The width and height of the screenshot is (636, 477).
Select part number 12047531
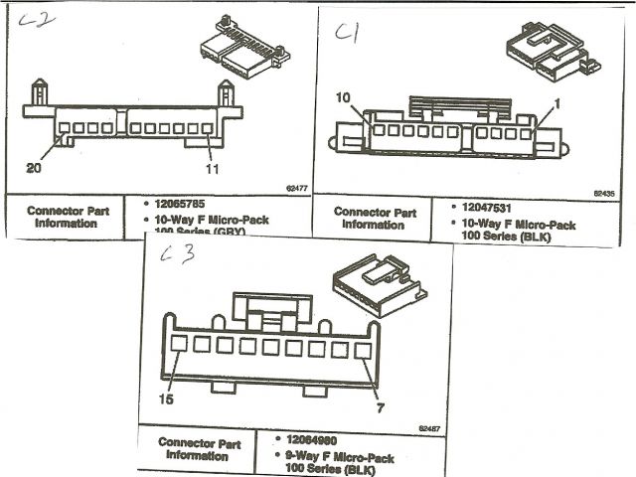tap(488, 206)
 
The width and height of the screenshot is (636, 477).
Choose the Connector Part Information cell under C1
tap(375, 218)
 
